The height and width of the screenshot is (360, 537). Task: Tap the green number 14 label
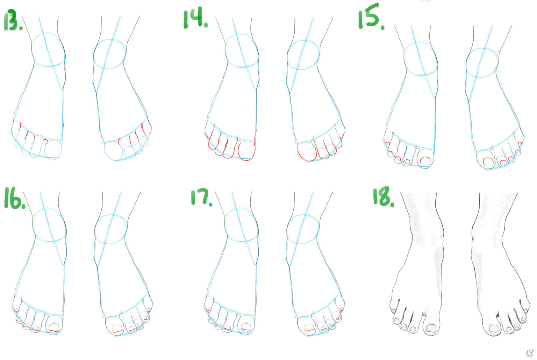(195, 19)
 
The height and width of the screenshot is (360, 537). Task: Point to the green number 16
(14, 199)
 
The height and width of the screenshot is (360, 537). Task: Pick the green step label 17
(201, 197)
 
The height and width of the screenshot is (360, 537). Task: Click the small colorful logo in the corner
(530, 352)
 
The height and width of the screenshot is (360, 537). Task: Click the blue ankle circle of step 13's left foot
(48, 50)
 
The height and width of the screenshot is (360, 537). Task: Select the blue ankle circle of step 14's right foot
(303, 55)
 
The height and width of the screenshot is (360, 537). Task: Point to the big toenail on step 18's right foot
(494, 329)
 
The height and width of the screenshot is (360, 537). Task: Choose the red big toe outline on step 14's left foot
(247, 150)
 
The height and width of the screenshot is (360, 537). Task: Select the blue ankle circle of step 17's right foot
(302, 229)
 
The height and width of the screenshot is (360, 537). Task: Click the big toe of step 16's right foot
(114, 326)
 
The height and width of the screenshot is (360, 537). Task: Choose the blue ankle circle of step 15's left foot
(420, 58)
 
